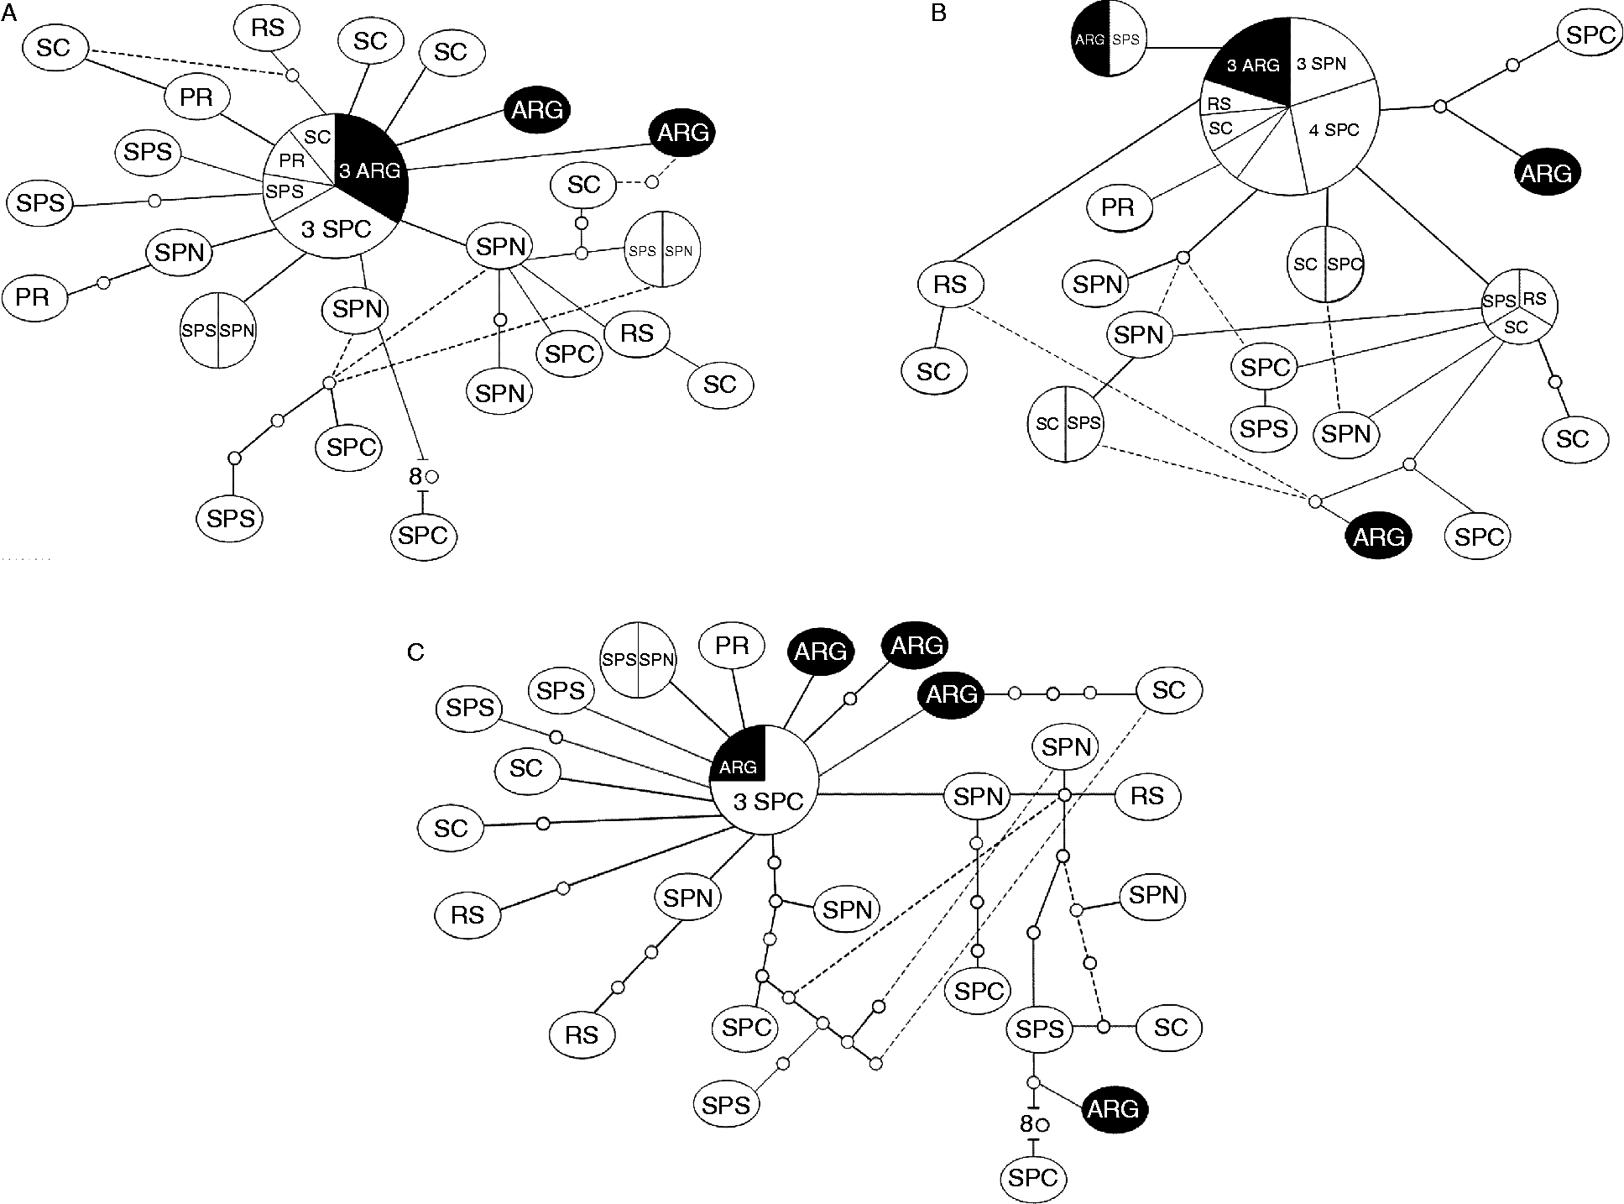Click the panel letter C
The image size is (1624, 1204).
(x=415, y=652)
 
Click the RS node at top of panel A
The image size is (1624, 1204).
(x=268, y=29)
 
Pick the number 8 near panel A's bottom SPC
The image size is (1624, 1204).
(x=415, y=476)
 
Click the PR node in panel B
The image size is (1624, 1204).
(x=1118, y=207)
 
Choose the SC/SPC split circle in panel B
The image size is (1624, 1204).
(x=1327, y=264)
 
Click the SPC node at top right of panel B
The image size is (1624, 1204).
(x=1590, y=34)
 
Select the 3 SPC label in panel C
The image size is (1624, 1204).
(x=768, y=802)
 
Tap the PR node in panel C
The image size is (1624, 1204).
(x=733, y=646)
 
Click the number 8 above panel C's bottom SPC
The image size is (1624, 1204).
(x=1026, y=1123)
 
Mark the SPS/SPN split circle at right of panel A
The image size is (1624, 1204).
(x=662, y=250)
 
